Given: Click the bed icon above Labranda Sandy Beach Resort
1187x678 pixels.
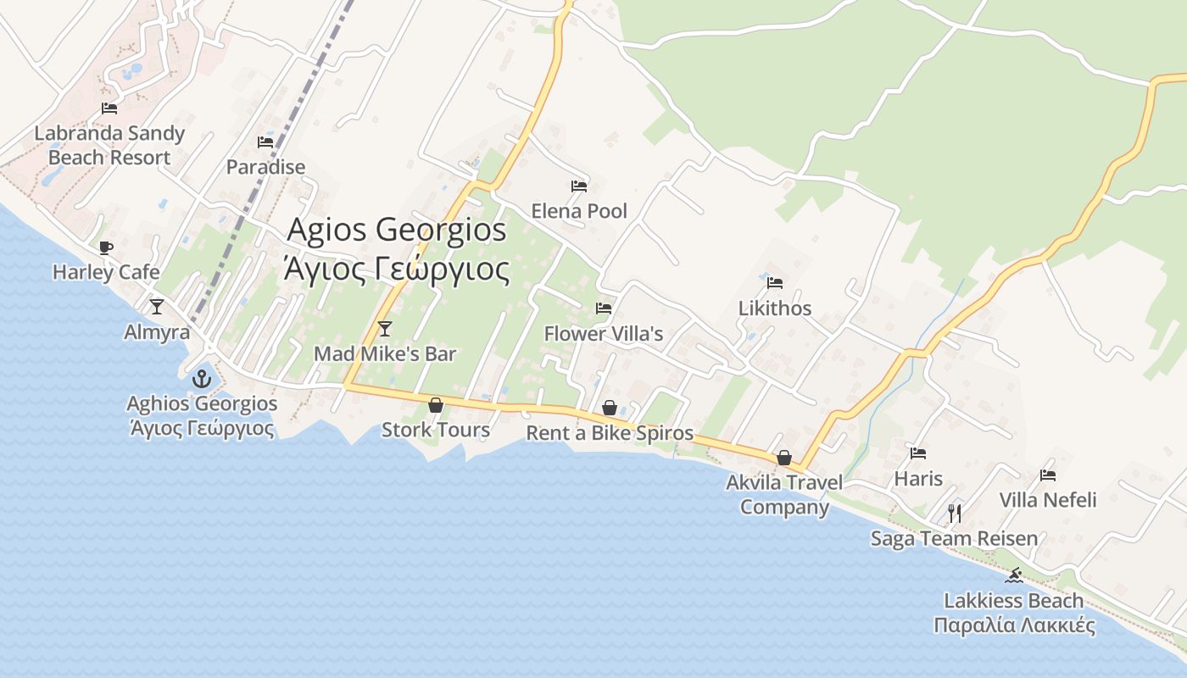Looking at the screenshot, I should click(x=109, y=108).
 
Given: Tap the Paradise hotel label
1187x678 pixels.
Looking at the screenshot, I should click(x=265, y=167).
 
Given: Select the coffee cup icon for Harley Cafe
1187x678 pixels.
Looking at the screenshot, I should click(x=105, y=247).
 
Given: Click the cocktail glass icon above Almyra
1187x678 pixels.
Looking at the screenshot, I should click(x=156, y=307).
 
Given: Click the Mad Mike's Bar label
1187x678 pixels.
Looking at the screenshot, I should click(x=385, y=354).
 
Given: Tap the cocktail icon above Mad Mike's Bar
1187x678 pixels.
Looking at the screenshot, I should click(x=385, y=329).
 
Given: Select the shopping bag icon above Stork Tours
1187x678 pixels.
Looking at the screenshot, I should click(x=435, y=406).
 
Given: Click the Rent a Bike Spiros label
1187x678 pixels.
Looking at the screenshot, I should click(x=610, y=434).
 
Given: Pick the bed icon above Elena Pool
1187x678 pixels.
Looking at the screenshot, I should click(x=579, y=186).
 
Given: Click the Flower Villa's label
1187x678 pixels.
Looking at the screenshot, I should click(x=603, y=334).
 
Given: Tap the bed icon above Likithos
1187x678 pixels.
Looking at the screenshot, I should click(x=774, y=283).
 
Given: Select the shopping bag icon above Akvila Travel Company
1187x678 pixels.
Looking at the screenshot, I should click(x=784, y=458).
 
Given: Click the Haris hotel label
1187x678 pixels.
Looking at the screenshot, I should click(x=918, y=479).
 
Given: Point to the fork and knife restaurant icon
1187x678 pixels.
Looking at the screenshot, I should click(x=955, y=513).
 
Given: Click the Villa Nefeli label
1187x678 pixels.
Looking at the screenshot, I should click(x=1048, y=500).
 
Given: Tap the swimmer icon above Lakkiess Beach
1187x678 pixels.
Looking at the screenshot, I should click(x=1013, y=576).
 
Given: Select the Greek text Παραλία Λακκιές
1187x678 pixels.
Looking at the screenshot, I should click(x=1014, y=626).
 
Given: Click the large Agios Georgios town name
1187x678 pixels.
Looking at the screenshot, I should click(x=397, y=230).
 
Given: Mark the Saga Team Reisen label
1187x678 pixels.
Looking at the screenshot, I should click(x=954, y=539).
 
